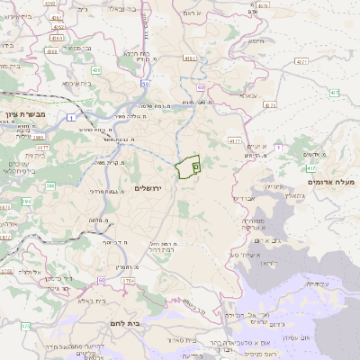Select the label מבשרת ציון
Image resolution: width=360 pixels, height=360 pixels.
tap(24, 114)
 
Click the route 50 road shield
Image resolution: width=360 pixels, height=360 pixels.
tap(145, 84)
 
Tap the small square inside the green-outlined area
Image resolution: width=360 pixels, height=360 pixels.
tap(195, 167)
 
